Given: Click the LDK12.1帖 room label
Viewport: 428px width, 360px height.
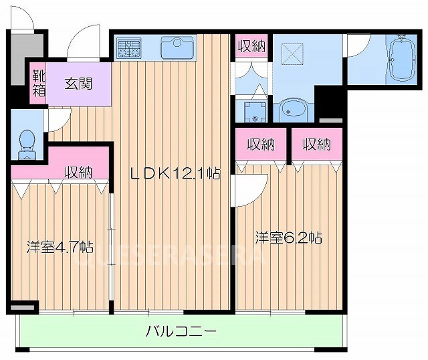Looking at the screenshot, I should [175, 173].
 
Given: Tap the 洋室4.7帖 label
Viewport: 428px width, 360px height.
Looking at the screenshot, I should [59, 246].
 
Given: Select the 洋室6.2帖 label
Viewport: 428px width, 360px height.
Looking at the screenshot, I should [288, 238].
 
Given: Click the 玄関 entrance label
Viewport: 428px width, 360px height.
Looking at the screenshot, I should [78, 84].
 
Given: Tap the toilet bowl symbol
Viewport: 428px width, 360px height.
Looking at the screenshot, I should [27, 140].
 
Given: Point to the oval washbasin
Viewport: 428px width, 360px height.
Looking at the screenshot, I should [292, 108].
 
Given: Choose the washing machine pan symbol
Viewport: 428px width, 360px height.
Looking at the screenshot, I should [253, 111].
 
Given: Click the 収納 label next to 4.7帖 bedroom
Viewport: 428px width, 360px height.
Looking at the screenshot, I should [78, 171].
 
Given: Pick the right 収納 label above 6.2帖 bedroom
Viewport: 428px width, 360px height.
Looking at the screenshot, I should [316, 143].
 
